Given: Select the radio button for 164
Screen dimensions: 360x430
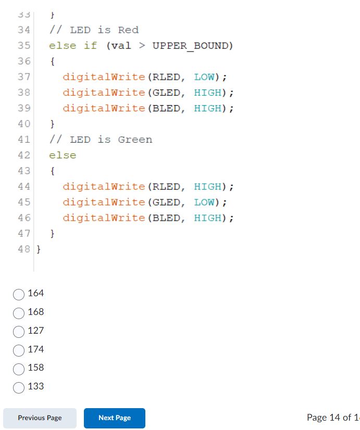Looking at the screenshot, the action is pyautogui.click(x=19, y=294).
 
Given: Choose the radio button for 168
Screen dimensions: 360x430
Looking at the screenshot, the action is pyautogui.click(x=19, y=313).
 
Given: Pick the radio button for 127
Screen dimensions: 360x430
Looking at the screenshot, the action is pyautogui.click(x=19, y=331).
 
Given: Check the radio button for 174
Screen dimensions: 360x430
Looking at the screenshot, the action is pyautogui.click(x=19, y=350).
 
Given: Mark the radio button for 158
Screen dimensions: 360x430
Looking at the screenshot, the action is pyautogui.click(x=19, y=369).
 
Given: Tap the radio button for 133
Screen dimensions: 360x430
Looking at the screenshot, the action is pyautogui.click(x=19, y=387).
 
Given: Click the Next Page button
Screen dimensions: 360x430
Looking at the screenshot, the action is pyautogui.click(x=115, y=418).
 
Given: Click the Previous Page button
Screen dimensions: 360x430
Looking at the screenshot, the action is pyautogui.click(x=40, y=418).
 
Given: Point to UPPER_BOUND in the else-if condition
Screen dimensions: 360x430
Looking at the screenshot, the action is pyautogui.click(x=190, y=46).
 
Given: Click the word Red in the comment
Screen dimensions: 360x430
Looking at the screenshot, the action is pyautogui.click(x=128, y=30).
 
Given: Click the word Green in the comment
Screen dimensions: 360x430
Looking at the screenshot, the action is pyautogui.click(x=135, y=140).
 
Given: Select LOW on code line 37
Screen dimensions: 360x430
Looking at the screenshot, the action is pyautogui.click(x=204, y=77).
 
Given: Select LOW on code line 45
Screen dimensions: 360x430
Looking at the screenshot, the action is pyautogui.click(x=204, y=202).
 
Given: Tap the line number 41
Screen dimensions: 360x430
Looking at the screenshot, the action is pyautogui.click(x=24, y=140).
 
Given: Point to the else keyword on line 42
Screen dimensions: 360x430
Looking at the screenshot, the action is pyautogui.click(x=63, y=155).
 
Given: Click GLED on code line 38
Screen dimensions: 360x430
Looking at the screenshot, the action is pyautogui.click(x=166, y=93).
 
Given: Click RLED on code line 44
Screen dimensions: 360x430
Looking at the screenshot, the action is pyautogui.click(x=166, y=186).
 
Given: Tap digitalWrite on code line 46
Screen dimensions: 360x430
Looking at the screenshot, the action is pyautogui.click(x=104, y=218).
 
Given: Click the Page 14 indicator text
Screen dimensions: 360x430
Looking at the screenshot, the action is pyautogui.click(x=332, y=418).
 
